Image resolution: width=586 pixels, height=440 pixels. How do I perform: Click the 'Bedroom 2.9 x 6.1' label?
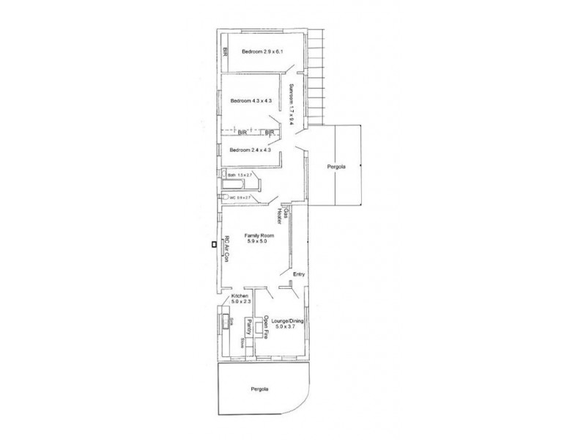click(x=262, y=51)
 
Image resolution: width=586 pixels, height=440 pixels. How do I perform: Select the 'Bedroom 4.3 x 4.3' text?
click(x=251, y=100)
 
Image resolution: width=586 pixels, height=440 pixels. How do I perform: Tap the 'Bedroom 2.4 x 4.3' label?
click(x=250, y=150)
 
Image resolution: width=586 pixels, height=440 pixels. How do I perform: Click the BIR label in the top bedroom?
click(x=226, y=51)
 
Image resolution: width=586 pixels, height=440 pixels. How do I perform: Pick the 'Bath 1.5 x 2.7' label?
click(x=240, y=175)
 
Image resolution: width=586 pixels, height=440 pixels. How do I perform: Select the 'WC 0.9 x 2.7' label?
click(x=240, y=197)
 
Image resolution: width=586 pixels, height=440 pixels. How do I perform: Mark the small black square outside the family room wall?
click(x=213, y=244)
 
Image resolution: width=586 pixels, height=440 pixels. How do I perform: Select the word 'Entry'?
click(x=298, y=274)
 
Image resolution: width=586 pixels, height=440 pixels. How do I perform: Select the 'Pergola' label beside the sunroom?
click(x=337, y=166)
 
